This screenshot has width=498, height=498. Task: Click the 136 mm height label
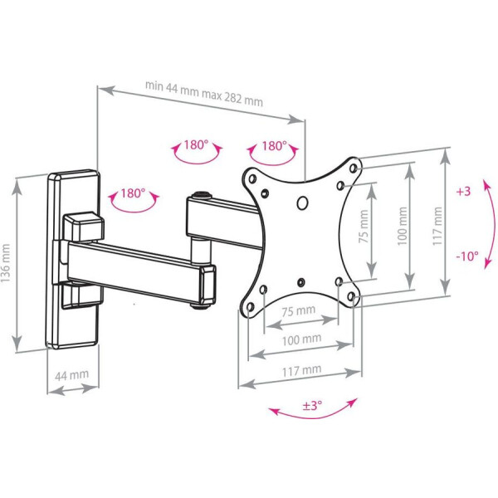click(7, 262)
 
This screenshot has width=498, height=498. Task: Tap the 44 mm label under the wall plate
click(71, 375)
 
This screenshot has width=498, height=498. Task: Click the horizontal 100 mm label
click(300, 339)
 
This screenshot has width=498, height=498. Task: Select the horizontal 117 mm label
click(300, 369)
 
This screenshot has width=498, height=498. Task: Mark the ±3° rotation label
click(312, 406)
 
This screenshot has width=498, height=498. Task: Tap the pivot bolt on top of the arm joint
click(202, 198)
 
